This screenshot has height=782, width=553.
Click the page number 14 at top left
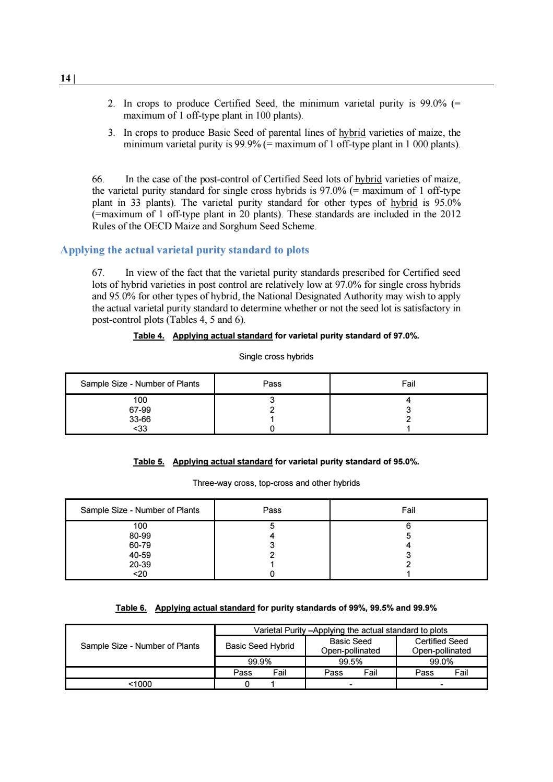click(x=65, y=78)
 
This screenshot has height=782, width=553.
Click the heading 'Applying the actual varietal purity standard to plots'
click(x=185, y=250)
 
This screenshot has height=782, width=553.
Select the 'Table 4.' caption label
click(x=149, y=336)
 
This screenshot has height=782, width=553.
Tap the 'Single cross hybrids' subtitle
click(x=276, y=357)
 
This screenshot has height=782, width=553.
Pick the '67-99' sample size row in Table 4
click(x=140, y=410)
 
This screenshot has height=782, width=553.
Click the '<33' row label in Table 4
click(x=140, y=429)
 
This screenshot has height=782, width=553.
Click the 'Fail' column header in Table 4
click(x=408, y=384)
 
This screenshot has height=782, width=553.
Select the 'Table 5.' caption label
click(x=149, y=462)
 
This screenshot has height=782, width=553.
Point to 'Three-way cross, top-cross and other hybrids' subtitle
click(x=276, y=483)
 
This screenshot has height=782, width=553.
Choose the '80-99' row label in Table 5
click(x=140, y=535)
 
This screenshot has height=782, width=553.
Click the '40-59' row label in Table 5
click(x=140, y=555)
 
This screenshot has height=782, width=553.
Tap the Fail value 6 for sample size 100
click(x=408, y=526)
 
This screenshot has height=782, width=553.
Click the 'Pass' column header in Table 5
click(x=272, y=510)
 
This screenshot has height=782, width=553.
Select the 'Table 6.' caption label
click(x=131, y=608)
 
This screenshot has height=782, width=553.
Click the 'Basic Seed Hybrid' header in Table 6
click(x=260, y=646)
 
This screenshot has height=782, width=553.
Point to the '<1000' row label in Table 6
click(x=140, y=684)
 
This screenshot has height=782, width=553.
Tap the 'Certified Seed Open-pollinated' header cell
click(x=441, y=646)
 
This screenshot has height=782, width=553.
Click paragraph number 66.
click(x=98, y=180)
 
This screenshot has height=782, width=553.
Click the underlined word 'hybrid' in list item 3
click(x=352, y=133)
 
